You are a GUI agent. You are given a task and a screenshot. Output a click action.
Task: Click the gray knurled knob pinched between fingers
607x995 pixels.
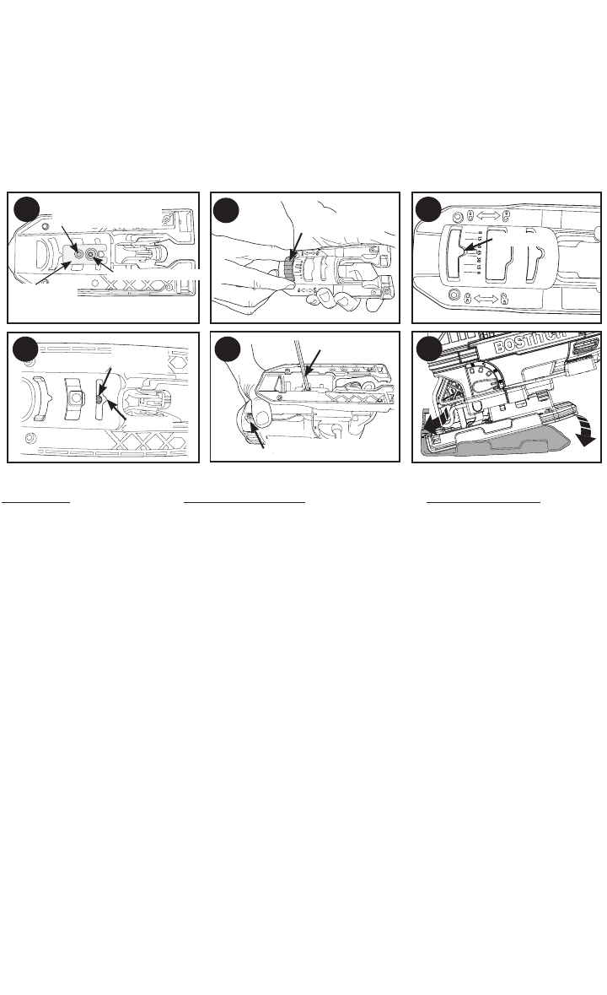288,269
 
